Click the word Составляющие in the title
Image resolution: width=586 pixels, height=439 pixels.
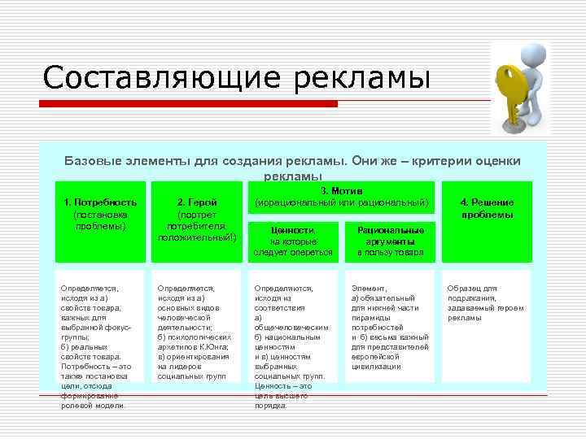tap(155, 78)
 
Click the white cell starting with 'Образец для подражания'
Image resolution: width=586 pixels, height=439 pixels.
tap(486, 302)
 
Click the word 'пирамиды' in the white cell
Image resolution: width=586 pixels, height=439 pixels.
tap(369, 317)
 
